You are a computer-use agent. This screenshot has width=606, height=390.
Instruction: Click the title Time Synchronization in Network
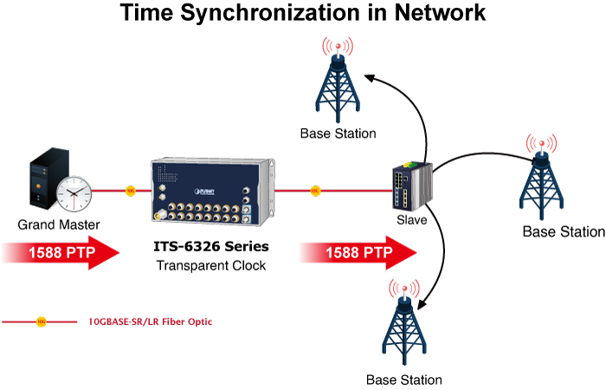(x=302, y=14)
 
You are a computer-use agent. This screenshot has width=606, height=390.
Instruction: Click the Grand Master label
(x=59, y=225)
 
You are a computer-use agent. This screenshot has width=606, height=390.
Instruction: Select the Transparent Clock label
(x=211, y=265)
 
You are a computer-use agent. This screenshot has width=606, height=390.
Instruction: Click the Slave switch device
(x=410, y=186)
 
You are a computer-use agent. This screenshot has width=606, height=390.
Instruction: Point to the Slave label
(x=411, y=220)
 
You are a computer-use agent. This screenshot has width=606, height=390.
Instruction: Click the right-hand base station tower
(x=543, y=179)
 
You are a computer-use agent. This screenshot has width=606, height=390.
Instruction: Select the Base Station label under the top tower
(x=338, y=133)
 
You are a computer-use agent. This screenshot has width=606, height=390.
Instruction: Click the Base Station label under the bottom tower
(x=403, y=380)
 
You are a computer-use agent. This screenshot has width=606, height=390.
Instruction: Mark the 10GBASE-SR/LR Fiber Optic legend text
(x=150, y=322)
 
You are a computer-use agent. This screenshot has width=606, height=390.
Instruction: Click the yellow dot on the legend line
(x=41, y=322)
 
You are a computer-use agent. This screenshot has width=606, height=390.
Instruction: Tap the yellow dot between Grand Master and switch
(x=131, y=189)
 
